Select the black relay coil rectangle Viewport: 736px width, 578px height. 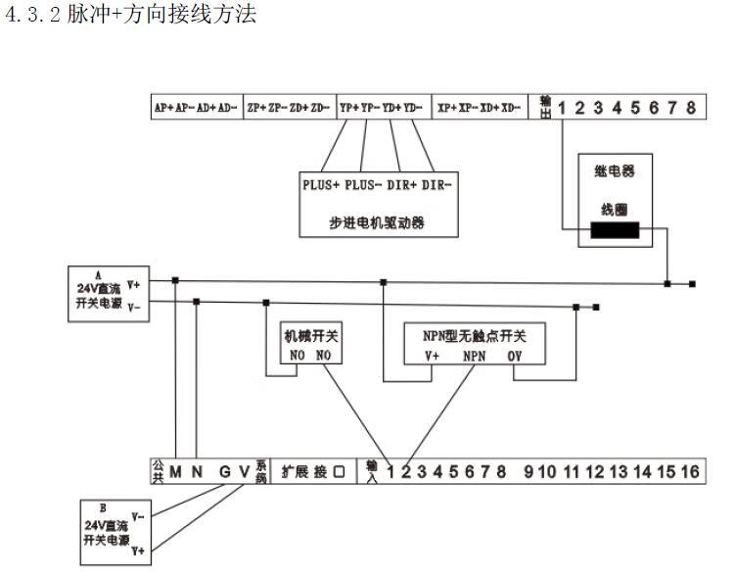pyautogui.click(x=614, y=231)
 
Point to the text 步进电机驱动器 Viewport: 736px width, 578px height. pyautogui.click(x=377, y=223)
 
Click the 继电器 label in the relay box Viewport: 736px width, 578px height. pyautogui.click(x=615, y=170)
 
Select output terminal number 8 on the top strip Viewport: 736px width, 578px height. pyautogui.click(x=691, y=108)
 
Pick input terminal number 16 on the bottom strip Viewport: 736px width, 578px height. pyautogui.click(x=690, y=472)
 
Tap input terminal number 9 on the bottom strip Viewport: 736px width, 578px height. pyautogui.click(x=529, y=472)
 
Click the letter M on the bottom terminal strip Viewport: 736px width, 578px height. pyautogui.click(x=176, y=472)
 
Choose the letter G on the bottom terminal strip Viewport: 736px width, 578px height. pyautogui.click(x=224, y=472)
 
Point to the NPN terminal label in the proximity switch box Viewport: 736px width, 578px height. pyautogui.click(x=475, y=356)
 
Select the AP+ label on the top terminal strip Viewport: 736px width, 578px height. pyautogui.click(x=163, y=108)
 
